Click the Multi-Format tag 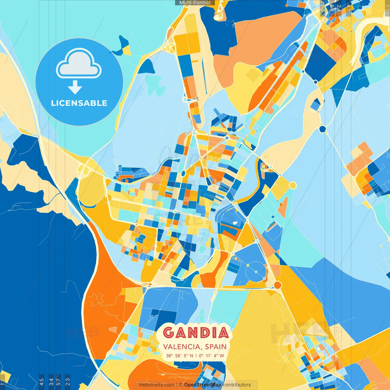pos(195,3)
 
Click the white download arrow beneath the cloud pos(75,87)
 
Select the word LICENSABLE pos(79,103)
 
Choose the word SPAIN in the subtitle pos(216,347)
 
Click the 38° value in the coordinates pos(169,356)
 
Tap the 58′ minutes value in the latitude pos(179,356)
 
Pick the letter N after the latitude pos(191,356)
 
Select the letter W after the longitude pos(222,356)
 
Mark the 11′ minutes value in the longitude pos(209,356)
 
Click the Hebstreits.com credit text pos(157,385)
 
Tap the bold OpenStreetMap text pos(203,385)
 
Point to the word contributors pos(237,385)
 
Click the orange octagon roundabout pos(278,285)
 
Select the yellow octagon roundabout pos(292,185)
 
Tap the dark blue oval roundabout pos(183,173)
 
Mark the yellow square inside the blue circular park pos(248,265)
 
